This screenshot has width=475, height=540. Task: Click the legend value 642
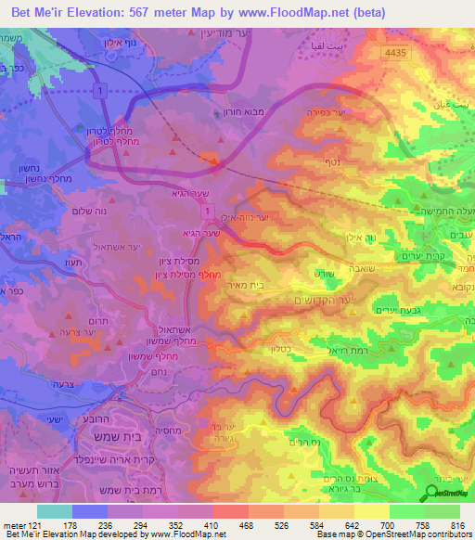click(x=354, y=527)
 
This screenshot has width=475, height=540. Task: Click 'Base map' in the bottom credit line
click(x=332, y=535)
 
